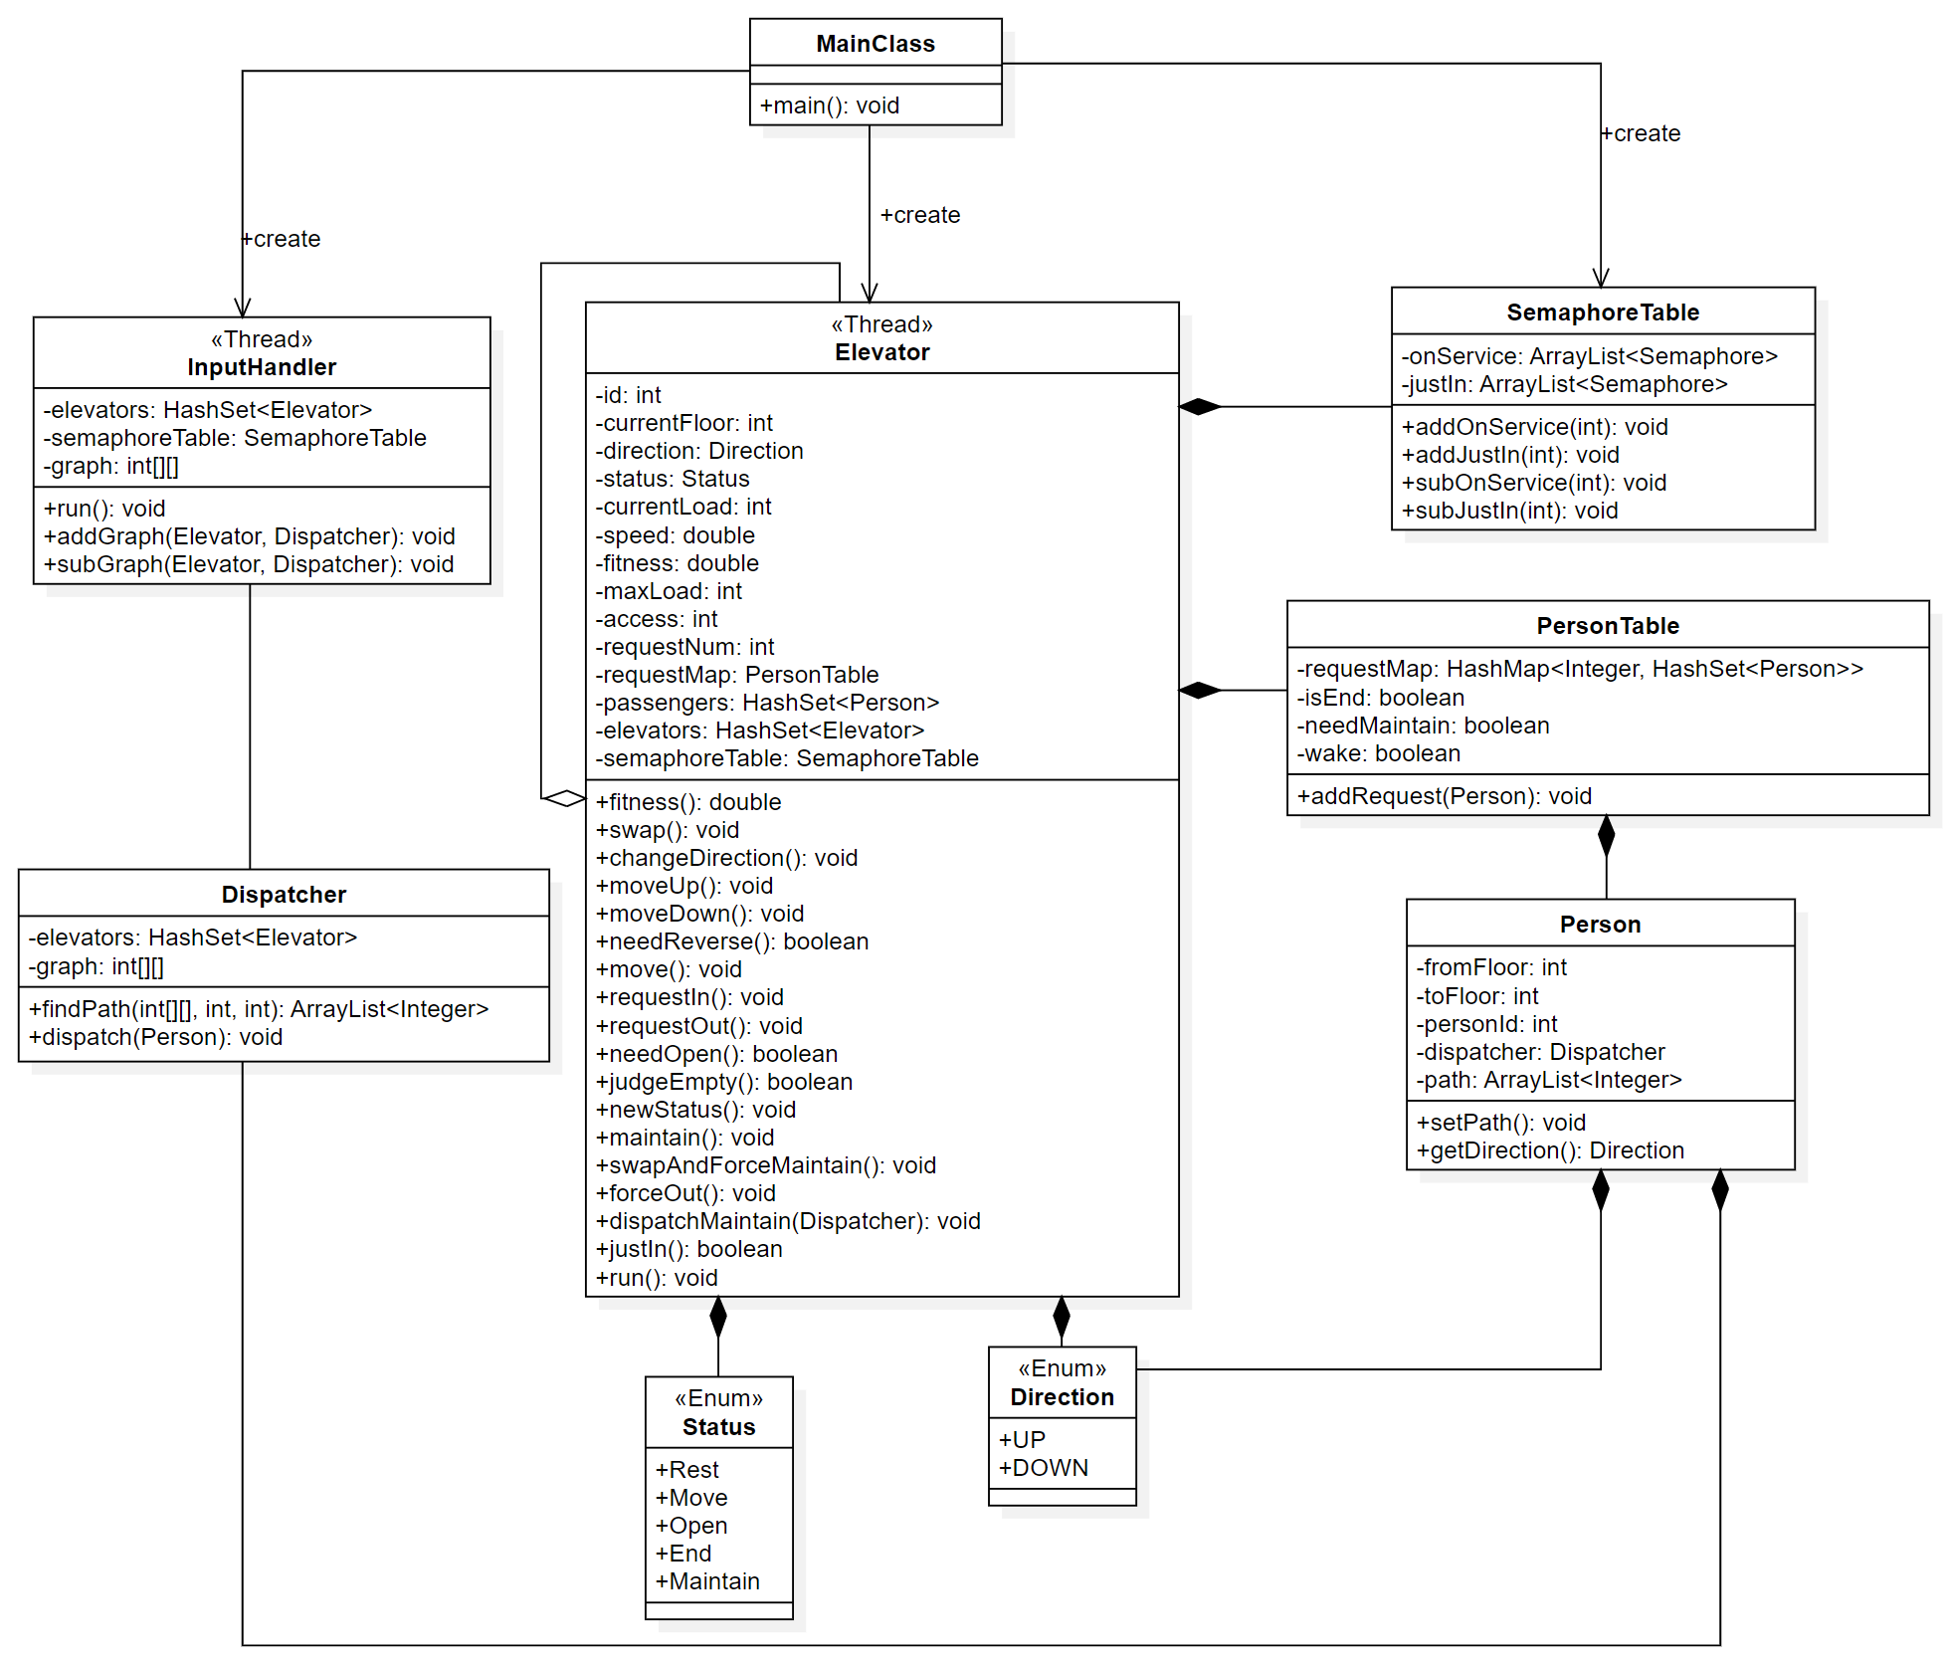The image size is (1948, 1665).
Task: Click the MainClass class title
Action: tap(875, 44)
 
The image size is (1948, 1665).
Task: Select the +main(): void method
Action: tap(829, 105)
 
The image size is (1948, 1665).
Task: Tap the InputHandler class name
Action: tap(262, 367)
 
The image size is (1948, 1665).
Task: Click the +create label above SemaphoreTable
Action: tap(1641, 133)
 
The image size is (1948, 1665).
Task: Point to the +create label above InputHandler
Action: tap(281, 239)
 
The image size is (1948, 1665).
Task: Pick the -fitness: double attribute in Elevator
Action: tap(677, 563)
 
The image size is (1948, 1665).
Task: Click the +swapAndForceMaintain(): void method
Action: tap(765, 1165)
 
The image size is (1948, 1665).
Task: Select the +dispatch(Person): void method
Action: tap(155, 1037)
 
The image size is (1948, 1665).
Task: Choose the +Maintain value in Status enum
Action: tap(707, 1581)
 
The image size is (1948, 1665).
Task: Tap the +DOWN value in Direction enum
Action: tap(1043, 1468)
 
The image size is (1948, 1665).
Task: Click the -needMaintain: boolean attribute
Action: tap(1423, 726)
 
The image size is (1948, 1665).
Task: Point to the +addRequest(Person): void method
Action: tap(1444, 796)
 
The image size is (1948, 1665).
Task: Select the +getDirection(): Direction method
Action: tap(1550, 1150)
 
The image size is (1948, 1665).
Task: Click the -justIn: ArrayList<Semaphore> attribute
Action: tap(1564, 384)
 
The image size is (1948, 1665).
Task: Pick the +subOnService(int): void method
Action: tap(1533, 483)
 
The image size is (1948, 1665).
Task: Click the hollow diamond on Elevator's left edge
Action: tap(565, 798)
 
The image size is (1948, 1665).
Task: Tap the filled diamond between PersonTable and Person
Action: tap(1606, 836)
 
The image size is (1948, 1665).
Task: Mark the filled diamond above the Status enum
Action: tap(718, 1317)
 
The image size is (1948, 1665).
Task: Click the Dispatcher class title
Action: tap(284, 895)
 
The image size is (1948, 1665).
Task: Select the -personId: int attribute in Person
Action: tap(1486, 1024)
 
